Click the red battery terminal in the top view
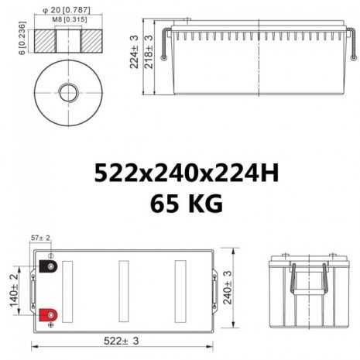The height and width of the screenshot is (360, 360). click(48, 315)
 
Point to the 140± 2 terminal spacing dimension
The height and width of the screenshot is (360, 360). click(13, 291)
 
